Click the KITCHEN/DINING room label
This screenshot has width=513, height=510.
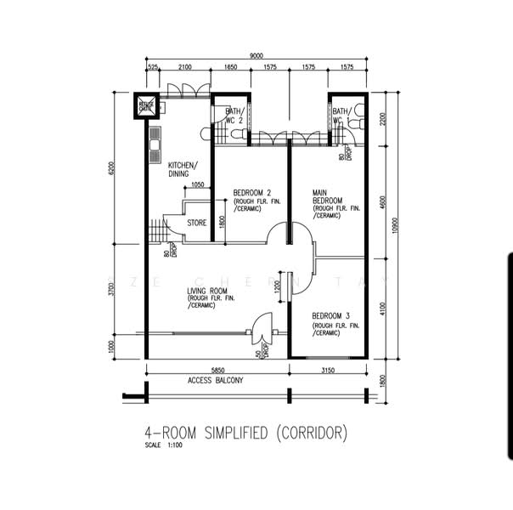point(183,169)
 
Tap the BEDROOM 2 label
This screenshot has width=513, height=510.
point(251,193)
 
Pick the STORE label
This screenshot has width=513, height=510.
point(197,224)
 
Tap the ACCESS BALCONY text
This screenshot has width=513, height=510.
point(215,381)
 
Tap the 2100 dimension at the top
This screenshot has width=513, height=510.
point(184,66)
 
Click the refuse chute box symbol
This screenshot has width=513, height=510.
point(146,107)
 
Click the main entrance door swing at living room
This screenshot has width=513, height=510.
point(262,327)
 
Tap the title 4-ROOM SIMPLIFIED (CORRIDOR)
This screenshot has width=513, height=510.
point(246,433)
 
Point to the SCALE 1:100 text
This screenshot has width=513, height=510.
point(163,445)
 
